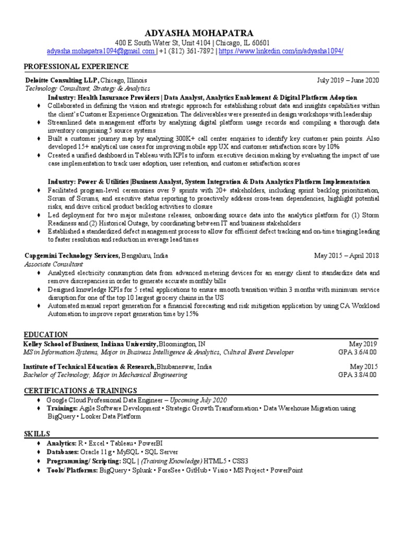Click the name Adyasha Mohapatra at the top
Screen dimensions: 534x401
click(x=200, y=32)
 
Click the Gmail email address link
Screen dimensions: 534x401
click(x=100, y=51)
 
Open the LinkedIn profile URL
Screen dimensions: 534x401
click(x=281, y=51)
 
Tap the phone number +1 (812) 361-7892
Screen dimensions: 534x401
click(x=187, y=51)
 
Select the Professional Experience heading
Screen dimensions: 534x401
click(x=76, y=67)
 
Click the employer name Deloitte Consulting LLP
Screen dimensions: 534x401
click(x=62, y=80)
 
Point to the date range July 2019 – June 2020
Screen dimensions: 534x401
click(x=348, y=80)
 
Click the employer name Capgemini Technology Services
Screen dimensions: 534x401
click(x=73, y=256)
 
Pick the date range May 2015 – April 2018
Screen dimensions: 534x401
click(x=346, y=256)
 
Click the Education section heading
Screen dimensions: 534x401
click(x=45, y=335)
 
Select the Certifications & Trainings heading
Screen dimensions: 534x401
click(x=80, y=391)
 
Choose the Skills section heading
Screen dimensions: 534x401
click(x=37, y=434)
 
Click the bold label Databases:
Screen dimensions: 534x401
click(x=63, y=452)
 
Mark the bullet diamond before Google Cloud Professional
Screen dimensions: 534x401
click(x=38, y=400)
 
